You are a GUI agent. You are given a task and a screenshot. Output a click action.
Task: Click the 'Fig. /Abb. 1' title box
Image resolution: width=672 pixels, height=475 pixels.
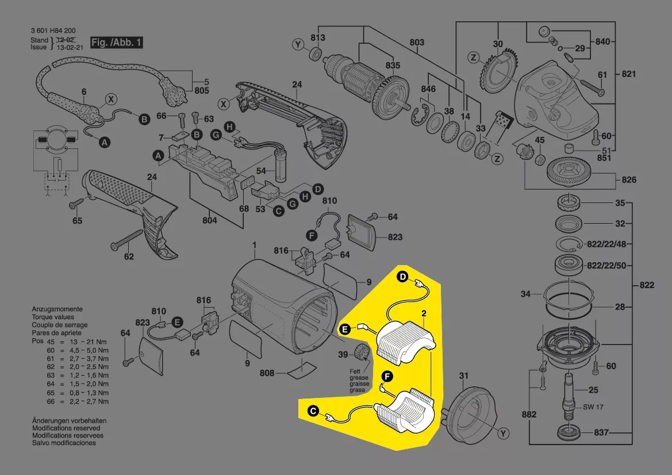coord(117,43)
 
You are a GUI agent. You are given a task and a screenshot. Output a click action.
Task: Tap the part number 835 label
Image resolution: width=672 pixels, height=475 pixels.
coord(393,65)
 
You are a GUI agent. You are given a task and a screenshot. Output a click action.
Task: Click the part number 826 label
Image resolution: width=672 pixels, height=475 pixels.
coord(629,179)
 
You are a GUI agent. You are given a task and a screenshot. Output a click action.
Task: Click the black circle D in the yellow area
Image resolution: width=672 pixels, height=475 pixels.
coord(402,277)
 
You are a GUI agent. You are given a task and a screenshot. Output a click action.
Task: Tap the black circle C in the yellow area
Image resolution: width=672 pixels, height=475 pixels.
coord(314,412)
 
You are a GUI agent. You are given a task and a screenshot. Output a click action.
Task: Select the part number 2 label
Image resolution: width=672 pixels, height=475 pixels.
coord(424,314)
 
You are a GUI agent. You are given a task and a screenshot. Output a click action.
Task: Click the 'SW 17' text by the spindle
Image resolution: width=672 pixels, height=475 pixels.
coord(593,407)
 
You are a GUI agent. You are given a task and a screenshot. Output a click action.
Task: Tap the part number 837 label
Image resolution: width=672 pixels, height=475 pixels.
coord(601,432)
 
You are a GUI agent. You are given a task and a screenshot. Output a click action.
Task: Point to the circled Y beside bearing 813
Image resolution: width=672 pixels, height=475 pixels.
coord(298,44)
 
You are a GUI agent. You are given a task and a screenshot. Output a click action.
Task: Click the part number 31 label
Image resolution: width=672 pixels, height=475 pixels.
coord(464,376)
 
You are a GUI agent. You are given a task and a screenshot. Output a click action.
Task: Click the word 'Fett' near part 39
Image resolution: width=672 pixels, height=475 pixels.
coord(355,371)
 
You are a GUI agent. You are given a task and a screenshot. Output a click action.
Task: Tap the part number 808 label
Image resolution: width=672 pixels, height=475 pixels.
coord(267,373)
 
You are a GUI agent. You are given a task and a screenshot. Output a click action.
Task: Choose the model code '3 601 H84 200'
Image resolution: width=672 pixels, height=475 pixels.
coord(53,31)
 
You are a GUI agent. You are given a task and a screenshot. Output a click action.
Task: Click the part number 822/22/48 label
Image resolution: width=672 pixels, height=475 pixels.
coord(606,244)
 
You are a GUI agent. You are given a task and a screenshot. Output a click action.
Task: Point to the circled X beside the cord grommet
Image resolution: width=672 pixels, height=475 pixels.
coord(111,99)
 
